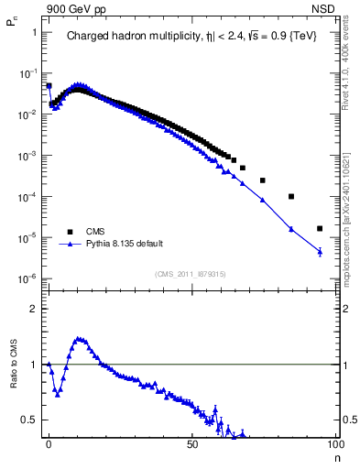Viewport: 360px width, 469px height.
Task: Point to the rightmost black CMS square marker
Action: coord(320,228)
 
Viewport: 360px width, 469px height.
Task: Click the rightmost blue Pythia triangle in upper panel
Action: coord(320,251)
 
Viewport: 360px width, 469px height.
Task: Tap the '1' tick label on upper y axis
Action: coord(34,32)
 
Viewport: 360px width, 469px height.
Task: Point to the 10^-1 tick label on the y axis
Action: coord(28,73)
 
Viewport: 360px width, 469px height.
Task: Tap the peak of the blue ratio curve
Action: coord(80,338)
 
